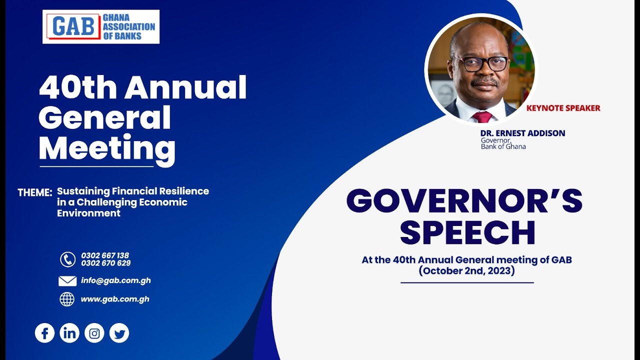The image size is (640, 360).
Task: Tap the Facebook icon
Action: point(44,333)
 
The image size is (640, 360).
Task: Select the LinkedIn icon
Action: point(69,333)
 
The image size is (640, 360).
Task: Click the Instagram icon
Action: point(94,333)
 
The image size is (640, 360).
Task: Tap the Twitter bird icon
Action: point(119,333)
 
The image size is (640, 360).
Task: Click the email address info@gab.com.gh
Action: point(115,280)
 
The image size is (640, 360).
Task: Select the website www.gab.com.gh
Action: point(114,299)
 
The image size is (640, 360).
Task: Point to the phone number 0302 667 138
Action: point(105,255)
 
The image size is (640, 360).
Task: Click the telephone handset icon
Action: point(67,259)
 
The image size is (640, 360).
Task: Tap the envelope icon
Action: point(67,281)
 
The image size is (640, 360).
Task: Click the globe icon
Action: point(67,299)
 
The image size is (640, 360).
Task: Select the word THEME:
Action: point(35,192)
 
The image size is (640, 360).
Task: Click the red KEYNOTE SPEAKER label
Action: point(563,108)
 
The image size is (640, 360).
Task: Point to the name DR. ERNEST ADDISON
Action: point(522,133)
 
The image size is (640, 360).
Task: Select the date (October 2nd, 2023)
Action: point(466,271)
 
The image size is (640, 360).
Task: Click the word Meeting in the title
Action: point(106,148)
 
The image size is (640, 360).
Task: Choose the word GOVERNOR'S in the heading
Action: point(464,201)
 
